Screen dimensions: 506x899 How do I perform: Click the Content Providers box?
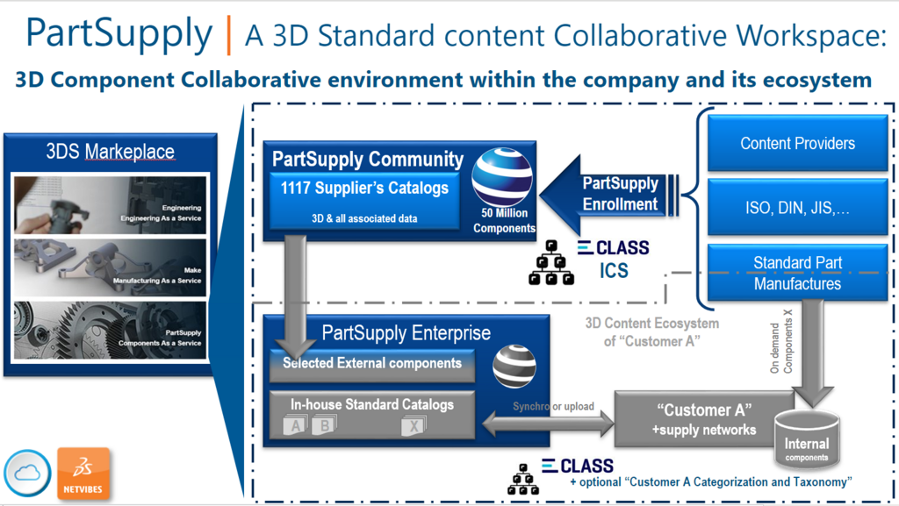pyautogui.click(x=797, y=143)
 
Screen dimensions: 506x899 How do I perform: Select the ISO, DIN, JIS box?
pyautogui.click(x=797, y=208)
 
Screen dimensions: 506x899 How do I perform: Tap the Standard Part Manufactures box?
pyautogui.click(x=797, y=273)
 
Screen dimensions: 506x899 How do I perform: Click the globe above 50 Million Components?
pyautogui.click(x=501, y=176)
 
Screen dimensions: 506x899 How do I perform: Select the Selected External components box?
pyautogui.click(x=372, y=363)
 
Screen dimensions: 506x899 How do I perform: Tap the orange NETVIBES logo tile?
pyautogui.click(x=83, y=474)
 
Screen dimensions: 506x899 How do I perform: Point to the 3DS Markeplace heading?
pyautogui.click(x=110, y=152)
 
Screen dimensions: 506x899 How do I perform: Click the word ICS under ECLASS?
pyautogui.click(x=614, y=270)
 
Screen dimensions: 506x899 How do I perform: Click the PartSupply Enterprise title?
pyautogui.click(x=406, y=332)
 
